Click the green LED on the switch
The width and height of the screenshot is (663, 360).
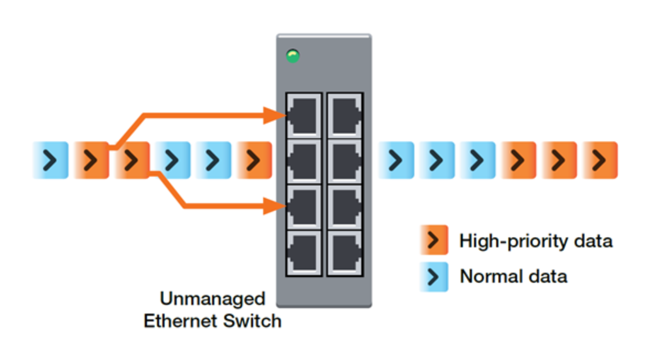293,56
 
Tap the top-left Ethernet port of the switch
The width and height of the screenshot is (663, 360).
304,115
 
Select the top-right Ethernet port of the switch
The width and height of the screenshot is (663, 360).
345,115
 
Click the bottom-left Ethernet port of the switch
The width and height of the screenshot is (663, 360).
304,253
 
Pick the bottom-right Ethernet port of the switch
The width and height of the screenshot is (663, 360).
345,253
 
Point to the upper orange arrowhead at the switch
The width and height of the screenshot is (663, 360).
273,115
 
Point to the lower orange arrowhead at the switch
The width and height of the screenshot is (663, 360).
273,206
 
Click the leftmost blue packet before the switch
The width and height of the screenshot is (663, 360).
51,160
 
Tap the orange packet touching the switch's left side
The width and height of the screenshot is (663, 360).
254,160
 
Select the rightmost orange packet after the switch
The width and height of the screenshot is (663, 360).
600,160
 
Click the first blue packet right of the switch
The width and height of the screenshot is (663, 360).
396,160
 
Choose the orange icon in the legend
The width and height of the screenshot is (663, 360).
434,240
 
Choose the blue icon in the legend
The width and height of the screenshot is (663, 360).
434,277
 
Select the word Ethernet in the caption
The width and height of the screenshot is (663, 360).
180,321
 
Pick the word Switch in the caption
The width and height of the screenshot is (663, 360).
252,321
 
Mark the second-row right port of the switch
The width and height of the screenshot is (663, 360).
345,161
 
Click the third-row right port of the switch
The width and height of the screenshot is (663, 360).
345,207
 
